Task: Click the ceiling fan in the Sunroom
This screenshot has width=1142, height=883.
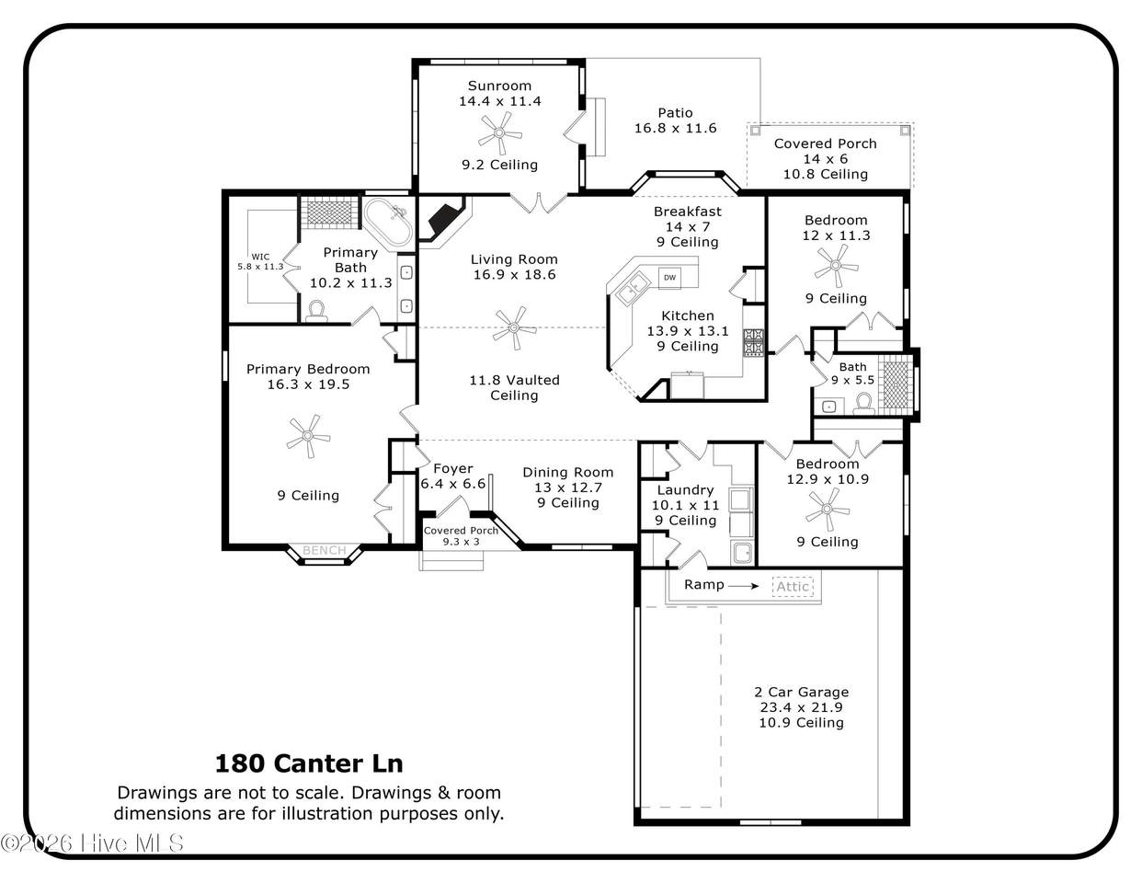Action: [x=499, y=133]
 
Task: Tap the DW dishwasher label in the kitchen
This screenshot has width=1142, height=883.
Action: [x=669, y=278]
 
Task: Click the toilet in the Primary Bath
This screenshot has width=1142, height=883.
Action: [x=316, y=311]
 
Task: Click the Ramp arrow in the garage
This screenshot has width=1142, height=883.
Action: [x=743, y=586]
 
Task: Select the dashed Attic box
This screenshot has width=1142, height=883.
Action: [x=793, y=587]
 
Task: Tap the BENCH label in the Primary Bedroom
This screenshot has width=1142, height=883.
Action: [x=325, y=550]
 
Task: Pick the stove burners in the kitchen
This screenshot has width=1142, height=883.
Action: [x=753, y=342]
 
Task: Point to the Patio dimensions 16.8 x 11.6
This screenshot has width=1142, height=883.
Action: [x=675, y=128]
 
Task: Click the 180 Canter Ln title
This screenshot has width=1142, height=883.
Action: [x=309, y=763]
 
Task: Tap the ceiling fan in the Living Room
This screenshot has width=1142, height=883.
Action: [x=515, y=328]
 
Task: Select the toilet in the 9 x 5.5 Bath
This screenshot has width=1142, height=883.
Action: [x=863, y=403]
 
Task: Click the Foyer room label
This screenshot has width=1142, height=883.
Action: [x=453, y=468]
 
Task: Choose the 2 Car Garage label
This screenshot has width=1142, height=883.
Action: [x=802, y=693]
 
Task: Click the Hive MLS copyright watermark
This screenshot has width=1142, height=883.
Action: [x=92, y=843]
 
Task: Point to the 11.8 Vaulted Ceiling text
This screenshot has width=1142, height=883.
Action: [x=515, y=388]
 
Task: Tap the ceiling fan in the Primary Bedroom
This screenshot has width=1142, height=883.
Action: [x=308, y=436]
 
